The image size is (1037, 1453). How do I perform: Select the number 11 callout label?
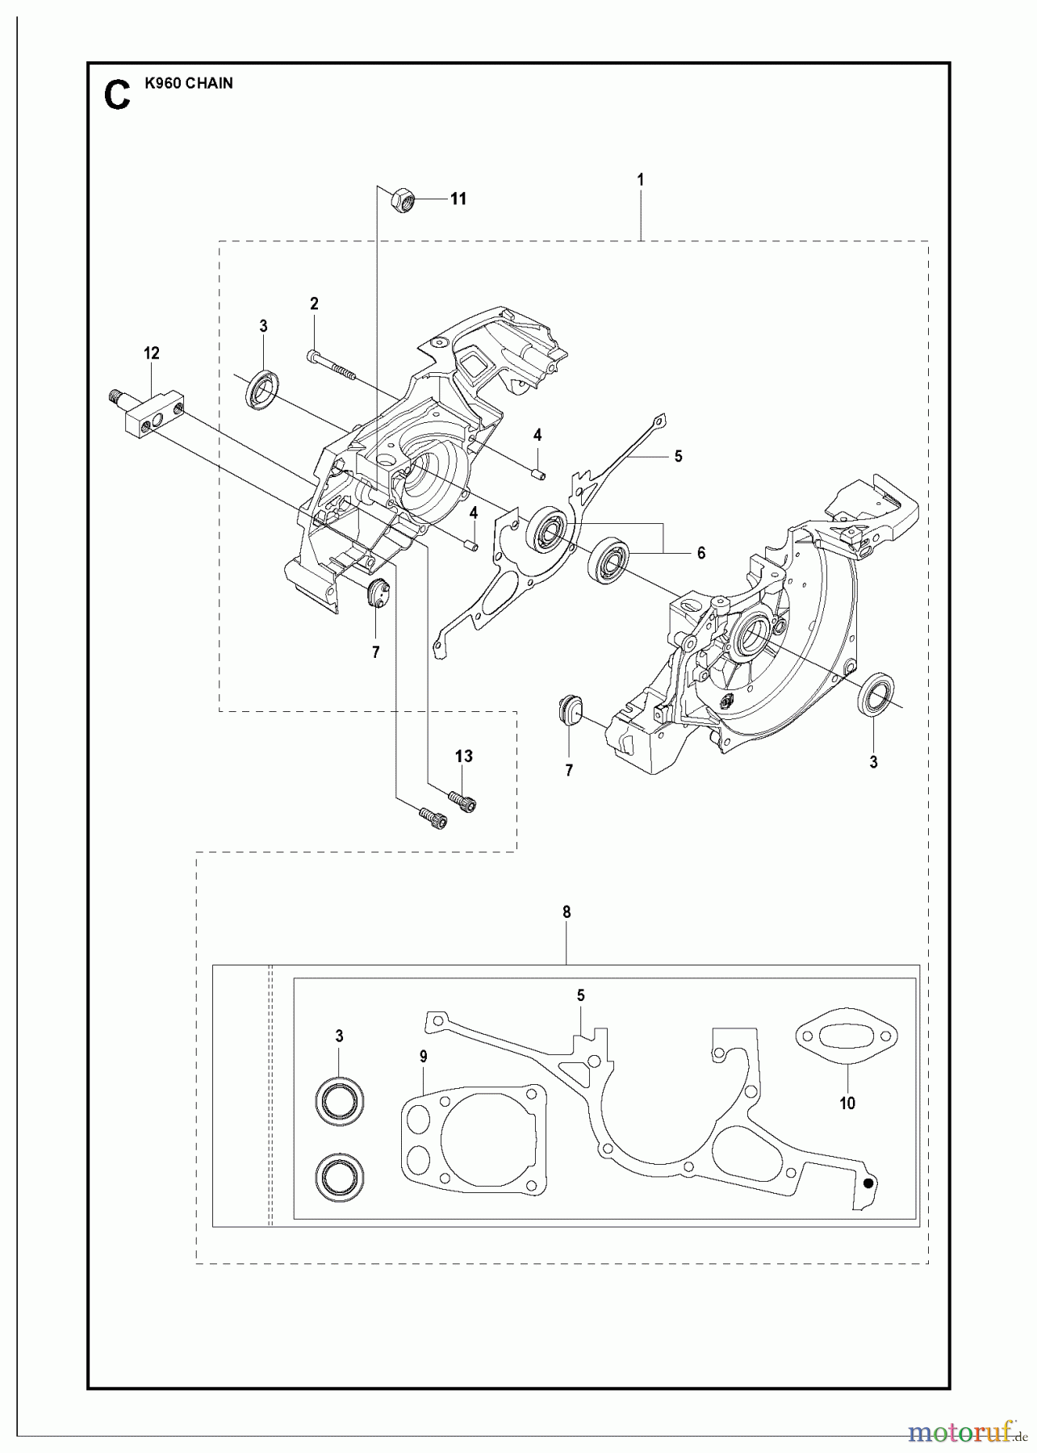tap(458, 199)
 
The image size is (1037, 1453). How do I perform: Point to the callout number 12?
tap(152, 353)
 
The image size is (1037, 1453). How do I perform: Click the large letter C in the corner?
tap(118, 94)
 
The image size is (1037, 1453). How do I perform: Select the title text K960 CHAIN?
tap(189, 83)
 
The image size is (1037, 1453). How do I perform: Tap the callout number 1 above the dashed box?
tap(640, 179)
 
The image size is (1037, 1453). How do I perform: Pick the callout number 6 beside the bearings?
tap(700, 553)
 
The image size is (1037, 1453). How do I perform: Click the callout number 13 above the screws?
tap(463, 756)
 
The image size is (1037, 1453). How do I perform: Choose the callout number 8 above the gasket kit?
tap(567, 912)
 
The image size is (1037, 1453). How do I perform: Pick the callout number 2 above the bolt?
tap(314, 304)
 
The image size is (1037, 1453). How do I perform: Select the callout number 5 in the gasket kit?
tap(580, 996)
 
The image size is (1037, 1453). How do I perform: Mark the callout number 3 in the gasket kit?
tap(339, 1036)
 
